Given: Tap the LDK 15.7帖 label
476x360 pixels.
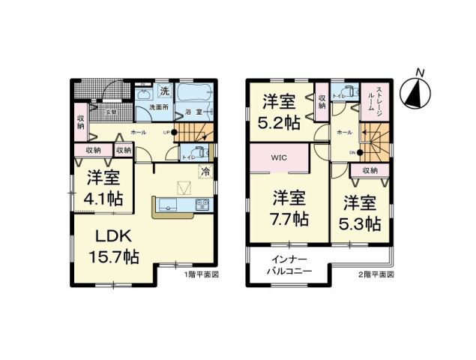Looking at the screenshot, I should (x=111, y=245).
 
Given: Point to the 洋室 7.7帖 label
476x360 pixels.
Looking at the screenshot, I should (x=289, y=208).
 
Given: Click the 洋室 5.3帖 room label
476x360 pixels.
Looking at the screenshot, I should (x=362, y=212).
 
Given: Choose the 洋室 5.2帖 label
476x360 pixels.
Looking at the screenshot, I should (x=280, y=111).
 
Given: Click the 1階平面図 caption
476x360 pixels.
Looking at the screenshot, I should (x=201, y=274).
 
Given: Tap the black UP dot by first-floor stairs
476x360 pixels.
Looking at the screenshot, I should (x=175, y=133).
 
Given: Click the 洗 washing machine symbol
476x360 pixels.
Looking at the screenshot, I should (x=164, y=92).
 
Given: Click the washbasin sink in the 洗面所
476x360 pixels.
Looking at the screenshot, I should (x=143, y=94).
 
